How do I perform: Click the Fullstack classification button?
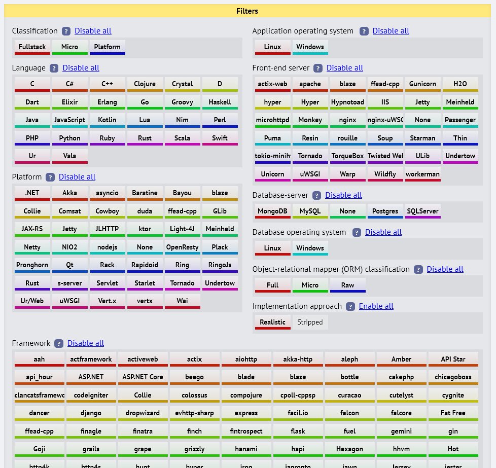coord(32,47)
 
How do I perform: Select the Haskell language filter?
coord(220,102)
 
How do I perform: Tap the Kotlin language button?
coord(107,120)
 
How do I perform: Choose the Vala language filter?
coord(69,156)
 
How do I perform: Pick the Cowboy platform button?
coord(107,211)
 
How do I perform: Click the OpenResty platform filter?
coord(182,247)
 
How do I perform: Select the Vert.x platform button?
coord(107,301)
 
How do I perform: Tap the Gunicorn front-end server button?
coord(422,84)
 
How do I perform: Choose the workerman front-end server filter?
coord(422,174)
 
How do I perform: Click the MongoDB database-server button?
coord(272,211)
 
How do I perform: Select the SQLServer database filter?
coord(422,211)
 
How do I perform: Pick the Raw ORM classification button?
coord(347,285)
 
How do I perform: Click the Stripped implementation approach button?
coord(310,322)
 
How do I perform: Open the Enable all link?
coord(376,306)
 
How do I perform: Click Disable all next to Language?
coord(81,68)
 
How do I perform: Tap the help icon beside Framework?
coord(59,344)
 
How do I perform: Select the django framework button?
coord(91,413)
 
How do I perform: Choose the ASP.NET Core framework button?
coord(143,377)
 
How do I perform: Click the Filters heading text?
coord(247,11)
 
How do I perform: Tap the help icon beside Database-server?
coord(317,196)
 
